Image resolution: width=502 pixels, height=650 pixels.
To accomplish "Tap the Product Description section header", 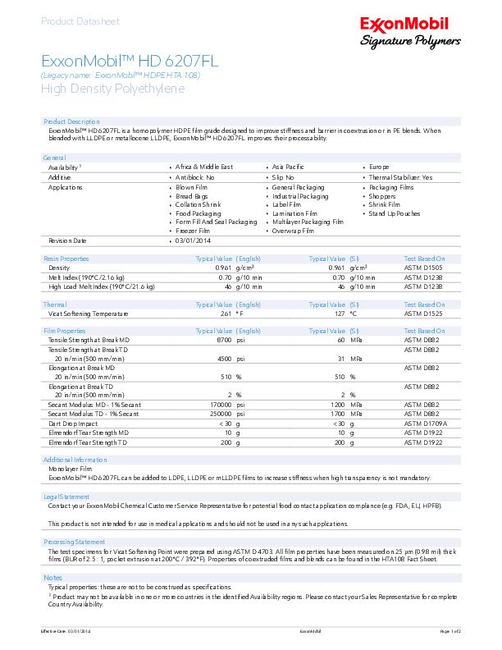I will point(71,121).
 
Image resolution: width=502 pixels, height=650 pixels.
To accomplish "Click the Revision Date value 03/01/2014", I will point(194,241).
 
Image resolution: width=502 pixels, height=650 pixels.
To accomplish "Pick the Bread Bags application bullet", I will point(192,196).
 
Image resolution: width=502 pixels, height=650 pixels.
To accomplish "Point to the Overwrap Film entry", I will point(292,231).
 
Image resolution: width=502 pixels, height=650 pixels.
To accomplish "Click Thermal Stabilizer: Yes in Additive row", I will point(399,177).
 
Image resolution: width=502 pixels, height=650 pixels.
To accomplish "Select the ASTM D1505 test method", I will point(423,268).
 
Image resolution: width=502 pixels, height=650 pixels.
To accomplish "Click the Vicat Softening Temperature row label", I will point(89,314).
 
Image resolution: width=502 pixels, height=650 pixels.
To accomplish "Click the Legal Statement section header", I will point(66,497).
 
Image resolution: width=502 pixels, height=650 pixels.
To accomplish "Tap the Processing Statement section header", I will point(74,542).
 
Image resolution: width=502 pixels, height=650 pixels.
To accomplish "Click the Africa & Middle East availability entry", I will point(203,167).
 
